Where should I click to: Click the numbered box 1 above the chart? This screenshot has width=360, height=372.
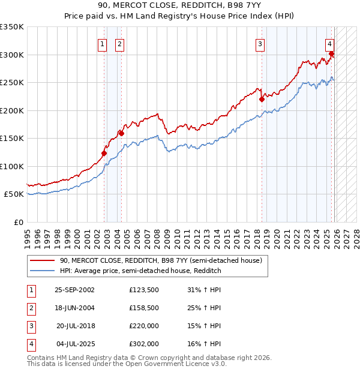[x=102, y=43]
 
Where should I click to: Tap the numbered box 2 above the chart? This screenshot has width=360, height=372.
[x=119, y=43]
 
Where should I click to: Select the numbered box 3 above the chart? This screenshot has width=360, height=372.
[x=260, y=43]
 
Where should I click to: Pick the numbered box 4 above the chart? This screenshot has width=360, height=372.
[x=330, y=43]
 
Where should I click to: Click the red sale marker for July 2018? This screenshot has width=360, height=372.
[x=262, y=100]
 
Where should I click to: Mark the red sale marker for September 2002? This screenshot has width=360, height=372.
[x=104, y=153]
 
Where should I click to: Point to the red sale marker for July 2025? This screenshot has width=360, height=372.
[x=331, y=54]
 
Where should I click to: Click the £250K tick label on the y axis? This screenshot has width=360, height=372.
[x=12, y=83]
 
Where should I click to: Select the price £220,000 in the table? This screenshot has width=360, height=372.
[x=144, y=325]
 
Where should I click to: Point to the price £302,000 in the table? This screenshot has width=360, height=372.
[x=144, y=344]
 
